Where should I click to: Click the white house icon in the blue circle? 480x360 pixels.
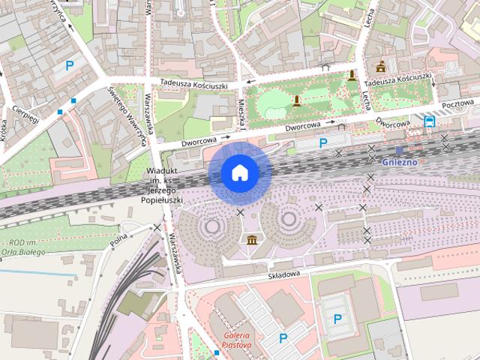[240, 172]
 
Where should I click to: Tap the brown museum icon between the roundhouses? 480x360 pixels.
[250, 239]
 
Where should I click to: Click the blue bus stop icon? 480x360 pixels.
[430, 120]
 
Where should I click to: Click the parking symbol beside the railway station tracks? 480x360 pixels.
[323, 142]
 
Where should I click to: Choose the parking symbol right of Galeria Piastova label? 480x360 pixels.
[283, 338]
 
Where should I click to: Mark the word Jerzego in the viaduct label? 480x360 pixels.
[163, 191]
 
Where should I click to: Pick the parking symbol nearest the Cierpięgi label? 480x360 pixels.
[70, 65]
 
